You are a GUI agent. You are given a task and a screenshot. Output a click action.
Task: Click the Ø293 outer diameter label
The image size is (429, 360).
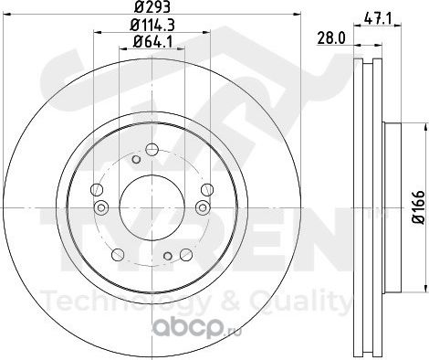(x=152, y=6)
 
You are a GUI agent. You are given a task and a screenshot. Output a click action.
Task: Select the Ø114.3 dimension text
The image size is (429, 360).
(x=152, y=25)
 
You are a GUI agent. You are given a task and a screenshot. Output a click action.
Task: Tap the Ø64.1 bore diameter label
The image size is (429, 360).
(x=152, y=42)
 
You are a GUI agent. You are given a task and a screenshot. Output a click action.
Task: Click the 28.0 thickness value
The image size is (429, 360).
(x=332, y=38)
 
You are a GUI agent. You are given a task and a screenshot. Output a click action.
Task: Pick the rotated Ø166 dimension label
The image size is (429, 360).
(x=419, y=207)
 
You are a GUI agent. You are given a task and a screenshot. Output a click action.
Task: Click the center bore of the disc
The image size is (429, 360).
(x=152, y=207)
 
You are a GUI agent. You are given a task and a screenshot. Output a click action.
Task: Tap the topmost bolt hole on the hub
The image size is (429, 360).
(x=152, y=150)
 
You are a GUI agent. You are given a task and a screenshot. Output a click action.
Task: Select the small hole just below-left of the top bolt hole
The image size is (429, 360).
(x=136, y=159)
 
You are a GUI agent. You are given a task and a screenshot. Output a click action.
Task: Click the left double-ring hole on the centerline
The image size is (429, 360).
(x=101, y=207)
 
